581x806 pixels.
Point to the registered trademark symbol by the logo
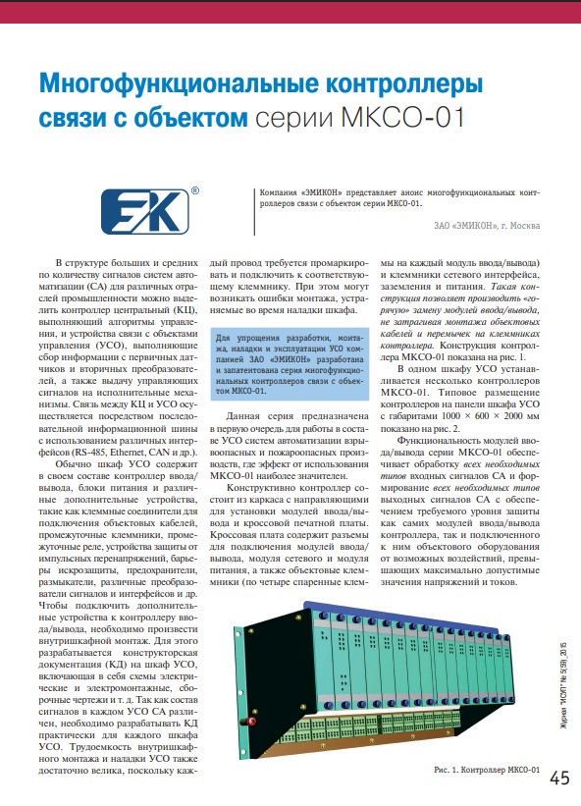(195, 190)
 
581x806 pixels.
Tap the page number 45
(558, 779)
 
